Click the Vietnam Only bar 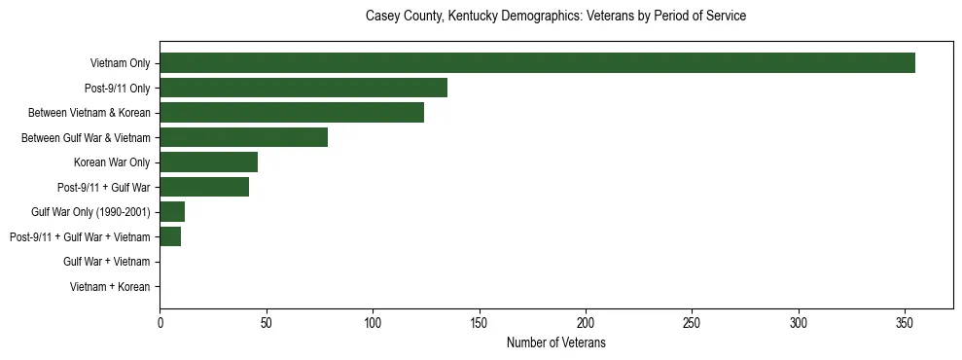click(537, 63)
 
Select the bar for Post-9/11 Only click(303, 88)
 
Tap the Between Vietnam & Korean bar click(292, 113)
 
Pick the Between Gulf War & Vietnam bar click(243, 137)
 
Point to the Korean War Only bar click(208, 162)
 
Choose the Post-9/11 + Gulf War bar click(204, 187)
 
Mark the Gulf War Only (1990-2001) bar click(172, 211)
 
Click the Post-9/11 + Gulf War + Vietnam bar click(170, 236)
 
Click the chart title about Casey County click(555, 17)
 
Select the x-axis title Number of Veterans click(555, 342)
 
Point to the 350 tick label click(905, 322)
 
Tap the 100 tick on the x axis click(373, 322)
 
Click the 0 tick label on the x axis click(160, 322)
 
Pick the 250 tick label click(692, 322)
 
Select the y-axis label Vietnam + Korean click(110, 286)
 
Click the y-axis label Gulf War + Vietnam click(106, 261)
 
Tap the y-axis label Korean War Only click(112, 162)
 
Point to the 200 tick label click(586, 322)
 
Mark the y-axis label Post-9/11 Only click(117, 88)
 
